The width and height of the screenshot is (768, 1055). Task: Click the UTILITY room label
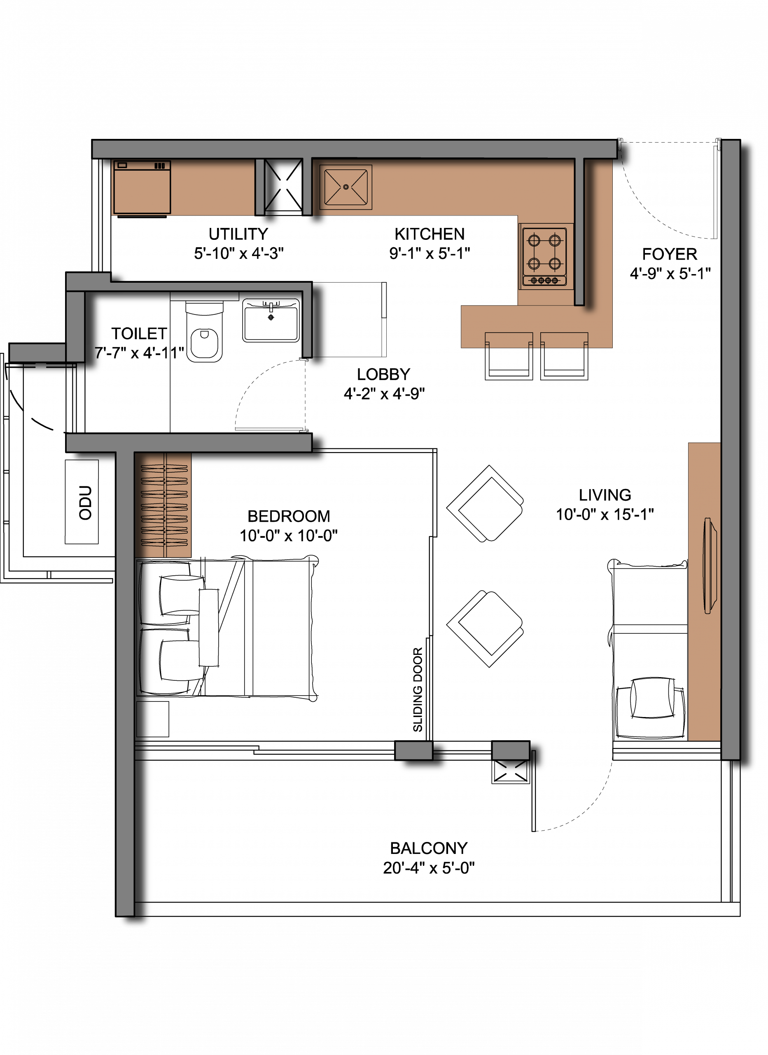tap(238, 234)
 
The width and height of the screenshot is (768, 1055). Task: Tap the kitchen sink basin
tap(345, 187)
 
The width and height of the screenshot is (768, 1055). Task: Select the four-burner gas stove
tap(544, 256)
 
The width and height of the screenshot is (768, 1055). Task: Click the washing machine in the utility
tap(142, 188)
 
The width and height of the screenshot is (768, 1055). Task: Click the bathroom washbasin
tap(271, 321)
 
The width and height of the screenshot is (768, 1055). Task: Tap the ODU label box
tap(82, 502)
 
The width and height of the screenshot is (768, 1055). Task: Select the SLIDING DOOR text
tap(418, 689)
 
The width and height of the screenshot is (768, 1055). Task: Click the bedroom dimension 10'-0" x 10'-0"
tap(289, 535)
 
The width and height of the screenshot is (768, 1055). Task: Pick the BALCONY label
tap(429, 848)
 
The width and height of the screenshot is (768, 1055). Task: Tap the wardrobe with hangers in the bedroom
tap(163, 505)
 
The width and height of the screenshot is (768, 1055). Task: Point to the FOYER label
tap(670, 254)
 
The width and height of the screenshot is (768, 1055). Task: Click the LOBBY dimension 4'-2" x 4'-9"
tap(384, 394)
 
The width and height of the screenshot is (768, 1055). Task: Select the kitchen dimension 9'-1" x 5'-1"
tap(430, 253)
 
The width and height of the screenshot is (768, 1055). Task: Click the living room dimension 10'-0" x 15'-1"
tap(605, 514)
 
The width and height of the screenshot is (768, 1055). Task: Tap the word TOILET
tap(139, 333)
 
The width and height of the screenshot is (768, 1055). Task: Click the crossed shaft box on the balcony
tap(511, 772)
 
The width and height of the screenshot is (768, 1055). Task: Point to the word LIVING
tap(605, 495)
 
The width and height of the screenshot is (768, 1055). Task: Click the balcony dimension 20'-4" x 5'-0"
tap(429, 867)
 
